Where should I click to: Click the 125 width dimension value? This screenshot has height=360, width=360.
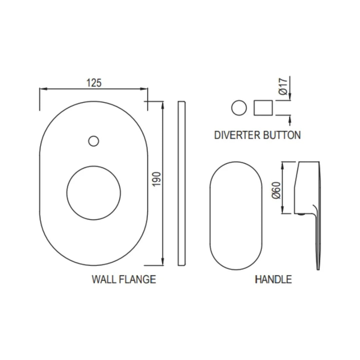[x=94, y=83]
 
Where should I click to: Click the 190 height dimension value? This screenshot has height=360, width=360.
[x=156, y=179]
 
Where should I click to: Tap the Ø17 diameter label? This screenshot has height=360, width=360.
[x=283, y=87]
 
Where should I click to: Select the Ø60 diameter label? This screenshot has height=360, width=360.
[x=276, y=190]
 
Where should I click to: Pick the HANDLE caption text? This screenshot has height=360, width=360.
[x=273, y=279]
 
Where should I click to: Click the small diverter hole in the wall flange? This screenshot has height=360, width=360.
[x=94, y=141]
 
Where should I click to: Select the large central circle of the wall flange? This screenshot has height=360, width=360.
[x=94, y=192]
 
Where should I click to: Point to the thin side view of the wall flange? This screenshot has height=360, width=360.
[x=182, y=183]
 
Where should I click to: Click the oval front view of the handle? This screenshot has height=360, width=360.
[x=236, y=216]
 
